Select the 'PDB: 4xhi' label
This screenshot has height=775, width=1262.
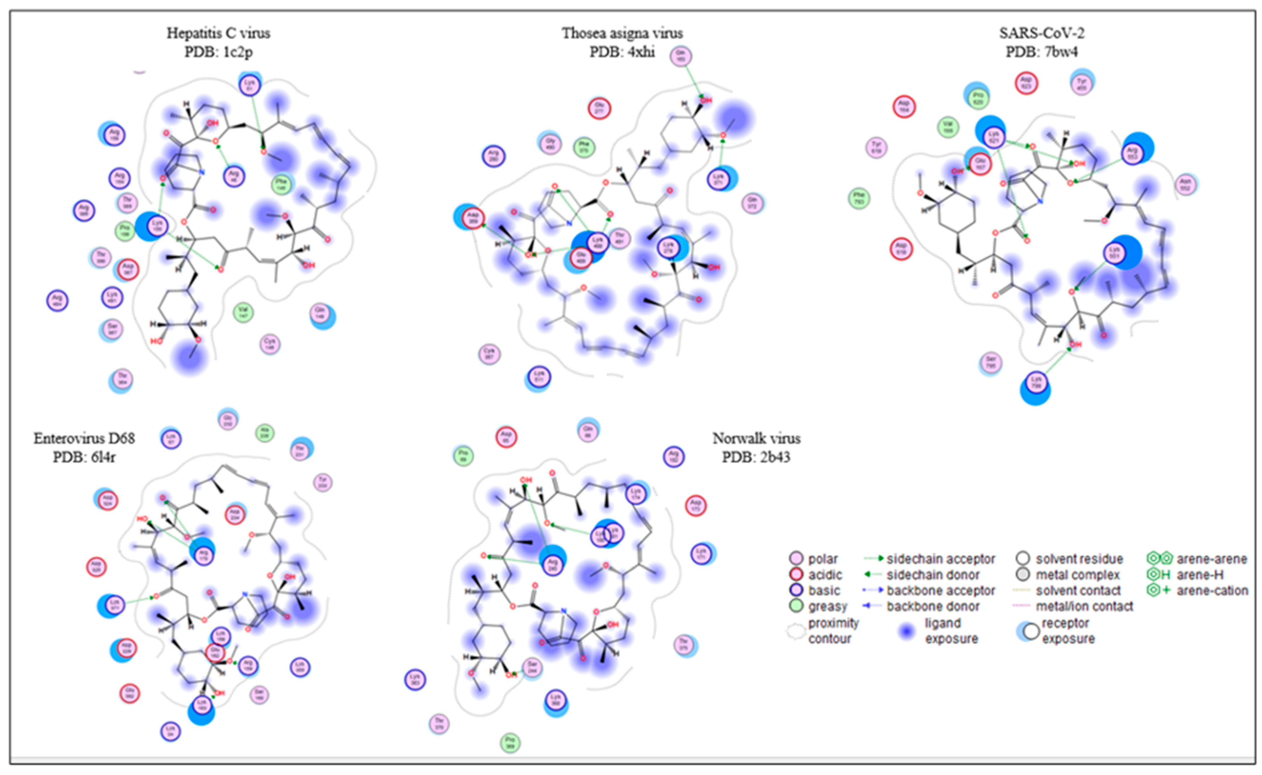point(622,52)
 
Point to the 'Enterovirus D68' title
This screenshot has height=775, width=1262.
point(84,438)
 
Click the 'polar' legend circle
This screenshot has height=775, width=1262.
point(796,559)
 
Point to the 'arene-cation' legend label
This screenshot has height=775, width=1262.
point(1212,591)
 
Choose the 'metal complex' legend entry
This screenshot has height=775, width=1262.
point(1077,575)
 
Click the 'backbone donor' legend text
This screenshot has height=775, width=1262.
point(933,606)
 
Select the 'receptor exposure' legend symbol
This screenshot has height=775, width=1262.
point(1028,632)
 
